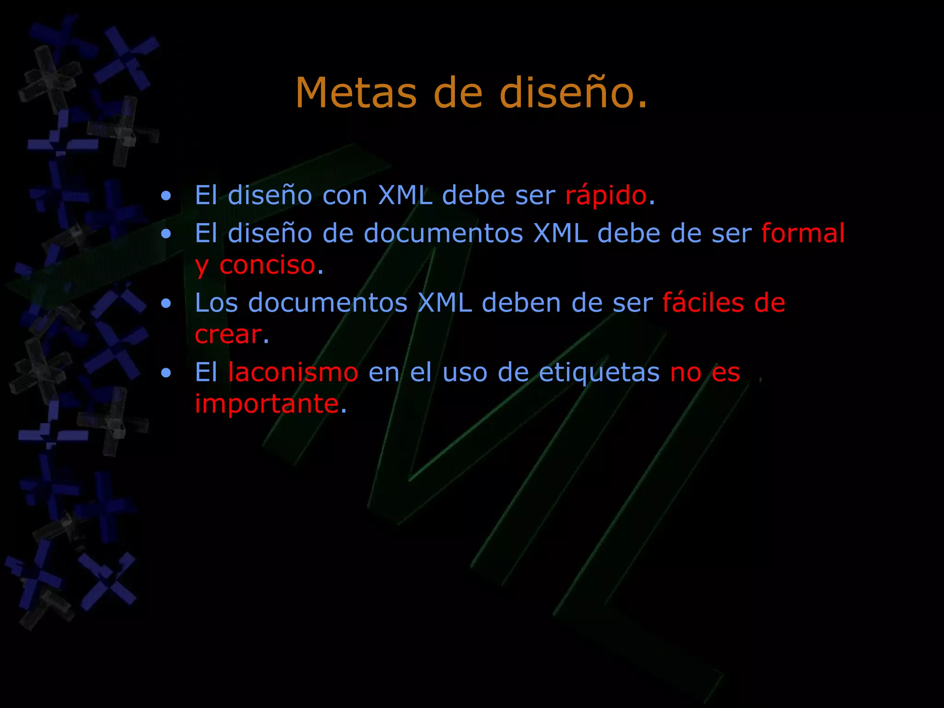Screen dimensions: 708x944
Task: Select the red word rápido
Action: [606, 195]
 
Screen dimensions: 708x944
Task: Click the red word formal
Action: [802, 233]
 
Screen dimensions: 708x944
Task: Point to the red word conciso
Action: [267, 265]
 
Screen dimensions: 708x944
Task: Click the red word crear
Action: [228, 335]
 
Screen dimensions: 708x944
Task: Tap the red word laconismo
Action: [293, 372]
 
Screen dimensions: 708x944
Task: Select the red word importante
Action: [267, 404]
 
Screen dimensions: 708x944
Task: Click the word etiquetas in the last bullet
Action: [599, 372]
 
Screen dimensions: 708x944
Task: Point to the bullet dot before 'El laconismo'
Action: [166, 373]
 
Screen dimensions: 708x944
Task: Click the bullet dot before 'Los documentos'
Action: [166, 304]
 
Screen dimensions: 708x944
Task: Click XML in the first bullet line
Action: [405, 195]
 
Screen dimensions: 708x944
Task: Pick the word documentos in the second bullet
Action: [443, 233]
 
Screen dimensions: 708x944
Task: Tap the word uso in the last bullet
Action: [465, 372]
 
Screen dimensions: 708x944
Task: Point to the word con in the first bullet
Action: [344, 195]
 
